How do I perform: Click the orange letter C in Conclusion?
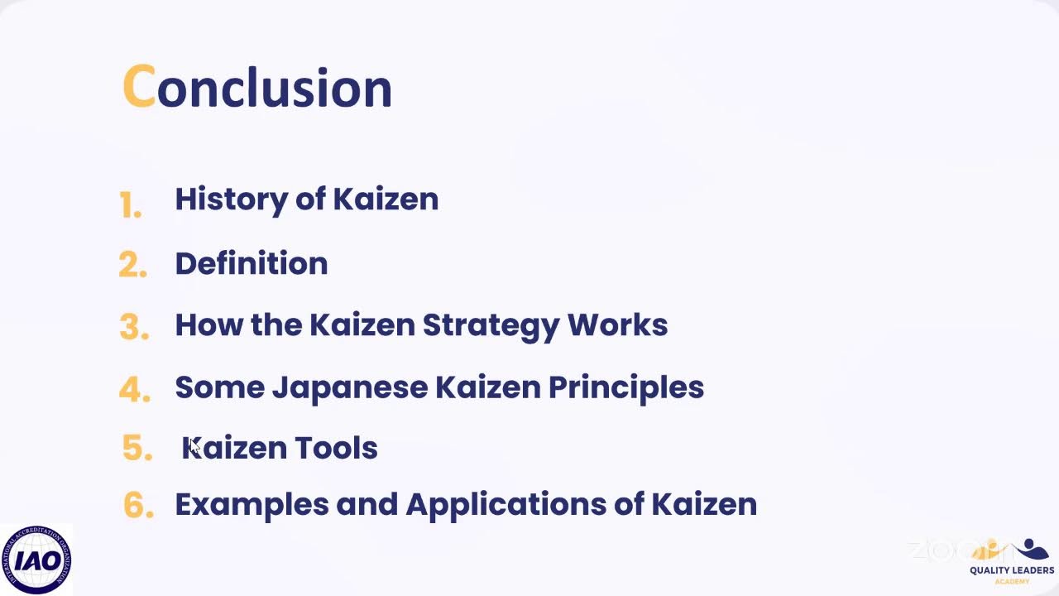pos(138,87)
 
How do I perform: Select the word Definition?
pos(252,264)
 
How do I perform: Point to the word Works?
pos(617,324)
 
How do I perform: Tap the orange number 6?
pos(138,506)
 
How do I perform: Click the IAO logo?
pos(36,560)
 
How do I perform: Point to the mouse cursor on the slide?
pos(194,446)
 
